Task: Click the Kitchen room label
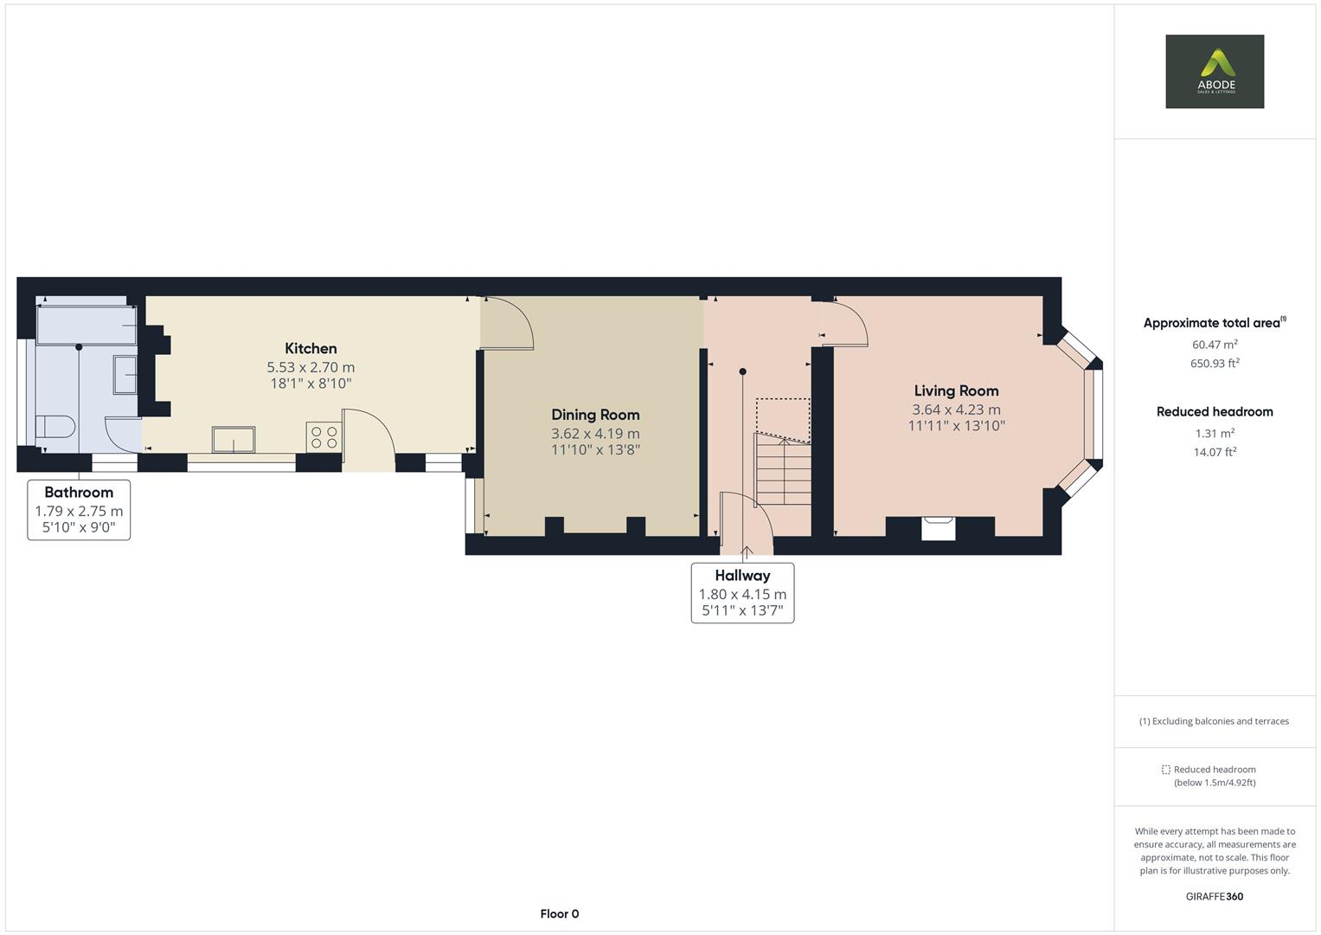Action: (311, 349)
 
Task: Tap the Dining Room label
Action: (595, 415)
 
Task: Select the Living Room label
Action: (956, 390)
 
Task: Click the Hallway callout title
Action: (742, 575)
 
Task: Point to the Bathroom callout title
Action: (79, 492)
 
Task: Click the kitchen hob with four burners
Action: (324, 436)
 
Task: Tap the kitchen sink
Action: (234, 439)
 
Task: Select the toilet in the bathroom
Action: (55, 427)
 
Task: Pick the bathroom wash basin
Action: (125, 375)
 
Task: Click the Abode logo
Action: (1215, 72)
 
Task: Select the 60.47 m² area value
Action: (1215, 345)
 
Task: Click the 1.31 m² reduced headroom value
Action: (1215, 433)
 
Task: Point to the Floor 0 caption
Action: (559, 913)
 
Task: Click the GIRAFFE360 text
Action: (1215, 896)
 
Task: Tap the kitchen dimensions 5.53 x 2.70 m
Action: (311, 367)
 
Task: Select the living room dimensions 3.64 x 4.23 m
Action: (956, 409)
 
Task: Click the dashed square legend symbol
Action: (1165, 770)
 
